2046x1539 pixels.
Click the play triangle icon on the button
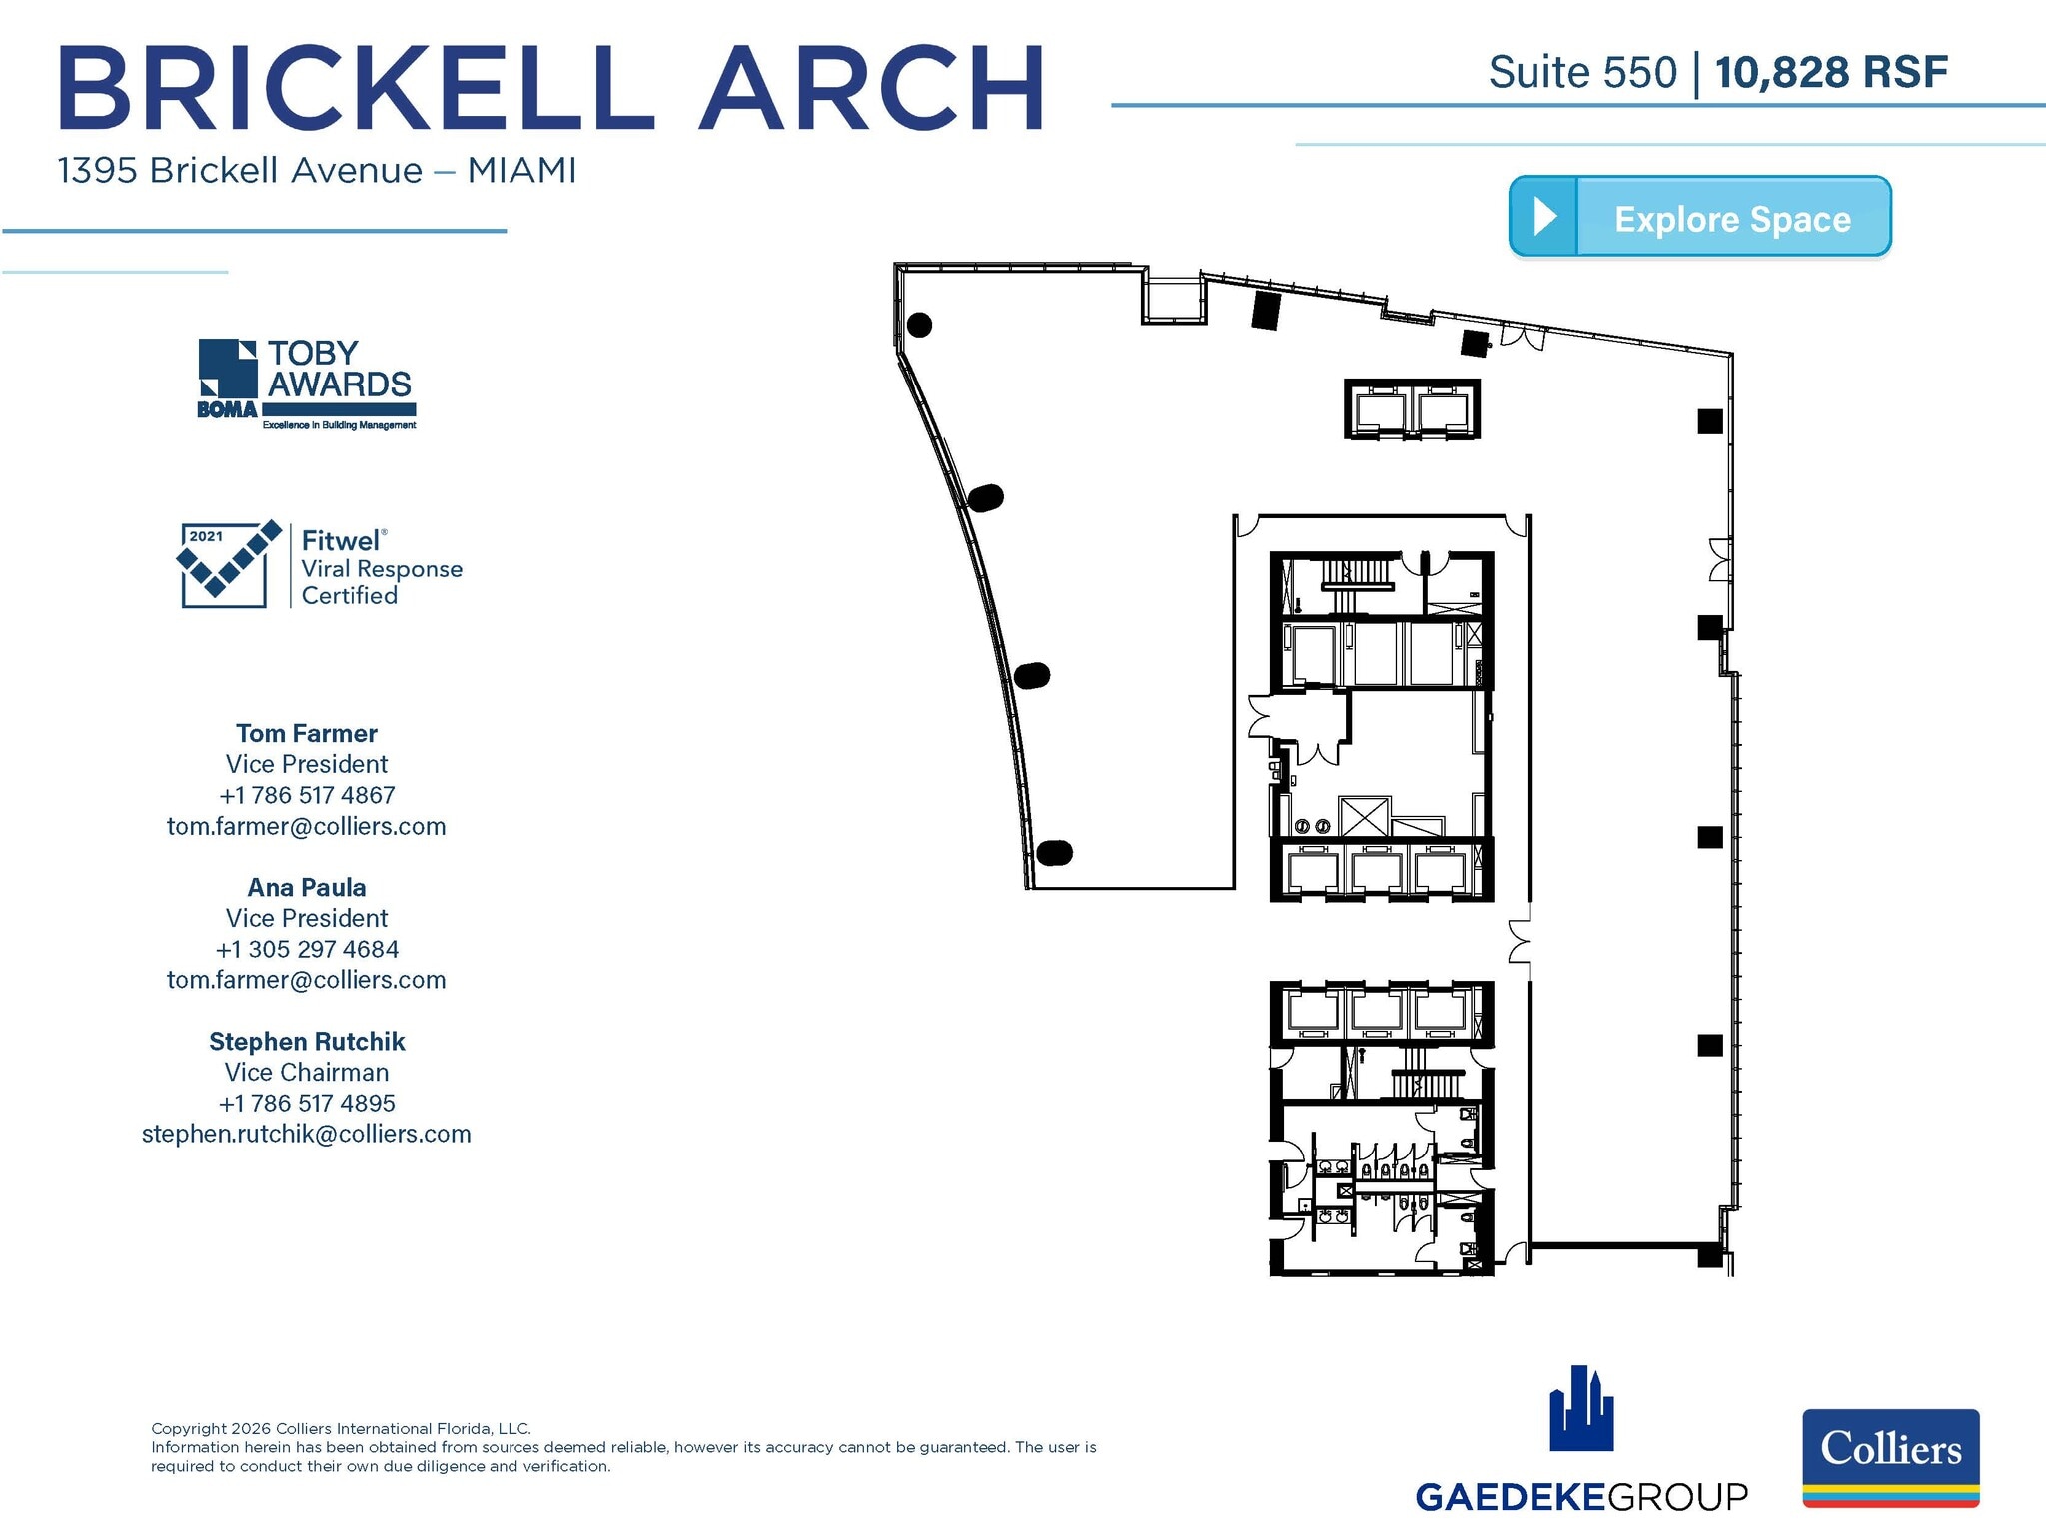tap(1543, 216)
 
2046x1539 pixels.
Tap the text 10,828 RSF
tap(1831, 73)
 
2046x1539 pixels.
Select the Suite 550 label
tap(1581, 73)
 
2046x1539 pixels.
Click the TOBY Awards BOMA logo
tap(306, 385)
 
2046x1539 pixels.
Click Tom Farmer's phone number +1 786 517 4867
tap(307, 795)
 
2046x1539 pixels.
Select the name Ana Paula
tap(307, 887)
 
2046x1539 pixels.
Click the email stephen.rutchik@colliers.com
tap(307, 1134)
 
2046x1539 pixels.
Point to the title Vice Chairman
tap(307, 1072)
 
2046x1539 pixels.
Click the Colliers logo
tap(1890, 1456)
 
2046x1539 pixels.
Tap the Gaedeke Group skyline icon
tap(1580, 1409)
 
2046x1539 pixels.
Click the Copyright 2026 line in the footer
tap(341, 1428)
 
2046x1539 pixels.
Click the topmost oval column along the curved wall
tap(919, 325)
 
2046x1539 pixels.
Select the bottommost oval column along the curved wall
tap(1054, 852)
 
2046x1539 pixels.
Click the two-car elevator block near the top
tap(1412, 409)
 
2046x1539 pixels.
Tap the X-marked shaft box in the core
tap(1364, 815)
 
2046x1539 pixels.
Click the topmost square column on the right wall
tap(1709, 421)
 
